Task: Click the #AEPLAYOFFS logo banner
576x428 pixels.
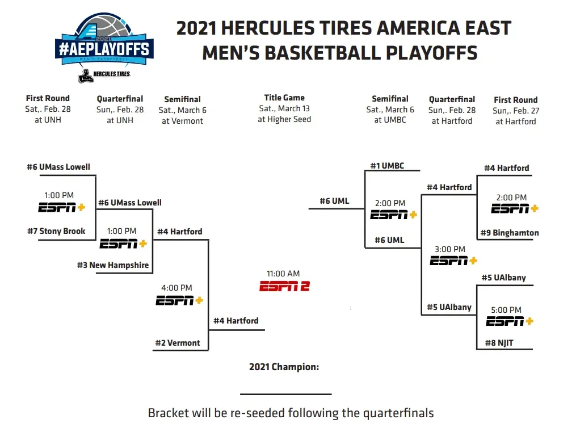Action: pyautogui.click(x=104, y=49)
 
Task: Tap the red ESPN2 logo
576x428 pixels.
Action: pyautogui.click(x=284, y=286)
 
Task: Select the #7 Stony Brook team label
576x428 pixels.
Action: pyautogui.click(x=56, y=231)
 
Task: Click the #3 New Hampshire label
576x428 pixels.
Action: pyautogui.click(x=113, y=265)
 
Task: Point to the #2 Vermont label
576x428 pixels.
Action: pyautogui.click(x=178, y=343)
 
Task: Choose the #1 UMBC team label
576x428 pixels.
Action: pyautogui.click(x=387, y=166)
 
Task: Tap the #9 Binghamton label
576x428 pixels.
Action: pyautogui.click(x=510, y=233)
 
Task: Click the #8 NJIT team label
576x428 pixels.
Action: pyautogui.click(x=499, y=343)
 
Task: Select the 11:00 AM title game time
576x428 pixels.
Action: pyautogui.click(x=283, y=274)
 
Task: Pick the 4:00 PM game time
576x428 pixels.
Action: pyautogui.click(x=176, y=288)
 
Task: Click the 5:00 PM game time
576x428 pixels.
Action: pyautogui.click(x=506, y=310)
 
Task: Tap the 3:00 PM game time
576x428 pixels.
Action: pyautogui.click(x=450, y=249)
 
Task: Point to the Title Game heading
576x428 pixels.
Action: pyautogui.click(x=284, y=98)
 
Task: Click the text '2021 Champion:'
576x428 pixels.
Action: pyautogui.click(x=284, y=367)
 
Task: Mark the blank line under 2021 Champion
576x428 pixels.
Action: pyautogui.click(x=286, y=394)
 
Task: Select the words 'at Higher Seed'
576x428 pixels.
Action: pyautogui.click(x=284, y=119)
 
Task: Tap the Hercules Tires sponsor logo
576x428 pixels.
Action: pyautogui.click(x=104, y=75)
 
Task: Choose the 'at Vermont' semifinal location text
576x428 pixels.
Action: pyautogui.click(x=182, y=121)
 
